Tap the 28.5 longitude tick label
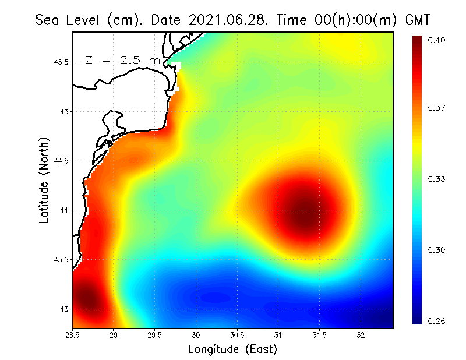pos(72,335)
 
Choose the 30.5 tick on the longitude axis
pos(238,335)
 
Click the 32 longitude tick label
pos(361,335)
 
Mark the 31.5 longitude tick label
pos(320,335)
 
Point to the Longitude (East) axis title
pos(232,349)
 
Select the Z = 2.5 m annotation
pos(123,60)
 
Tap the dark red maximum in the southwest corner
pos(86,297)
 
